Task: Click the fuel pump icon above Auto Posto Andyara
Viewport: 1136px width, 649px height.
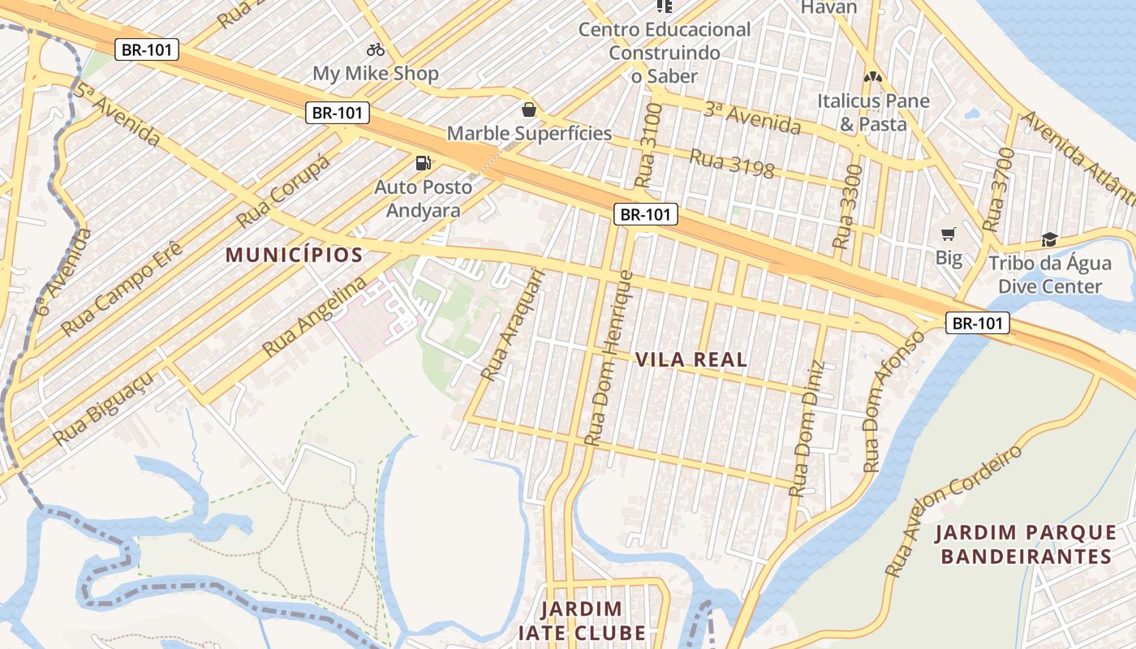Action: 423,163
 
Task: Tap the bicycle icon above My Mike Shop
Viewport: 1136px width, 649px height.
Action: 375,49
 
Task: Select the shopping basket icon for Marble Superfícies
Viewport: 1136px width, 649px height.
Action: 529,109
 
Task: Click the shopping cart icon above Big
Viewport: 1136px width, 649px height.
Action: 948,234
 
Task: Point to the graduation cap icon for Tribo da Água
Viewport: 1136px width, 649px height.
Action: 1050,239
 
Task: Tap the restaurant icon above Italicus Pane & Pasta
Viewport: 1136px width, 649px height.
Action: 873,78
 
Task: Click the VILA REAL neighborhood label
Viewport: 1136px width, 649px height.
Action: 691,359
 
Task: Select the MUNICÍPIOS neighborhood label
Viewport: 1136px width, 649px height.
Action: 294,255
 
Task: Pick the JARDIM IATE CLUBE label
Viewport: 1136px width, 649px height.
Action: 582,621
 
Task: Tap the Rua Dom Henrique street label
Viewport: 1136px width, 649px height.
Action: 609,357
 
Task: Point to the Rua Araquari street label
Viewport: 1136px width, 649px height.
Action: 513,324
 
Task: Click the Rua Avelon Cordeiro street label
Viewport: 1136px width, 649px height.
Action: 954,511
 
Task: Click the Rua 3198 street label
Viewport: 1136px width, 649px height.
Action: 731,164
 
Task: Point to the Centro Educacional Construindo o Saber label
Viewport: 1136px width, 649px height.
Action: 664,53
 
